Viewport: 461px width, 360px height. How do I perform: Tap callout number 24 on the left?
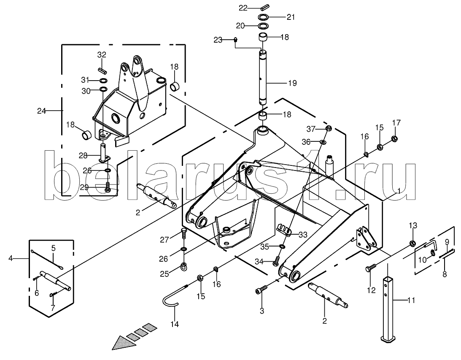pos(41,111)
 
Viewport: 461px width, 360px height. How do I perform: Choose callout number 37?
pos(311,129)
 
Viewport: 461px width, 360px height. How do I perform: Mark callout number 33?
pos(303,234)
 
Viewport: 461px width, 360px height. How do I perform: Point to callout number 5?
pos(54,247)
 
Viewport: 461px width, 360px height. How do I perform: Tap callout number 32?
pos(102,54)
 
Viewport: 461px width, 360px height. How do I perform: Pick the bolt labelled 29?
pos(108,187)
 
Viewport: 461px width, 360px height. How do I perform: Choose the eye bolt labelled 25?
pos(184,266)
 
